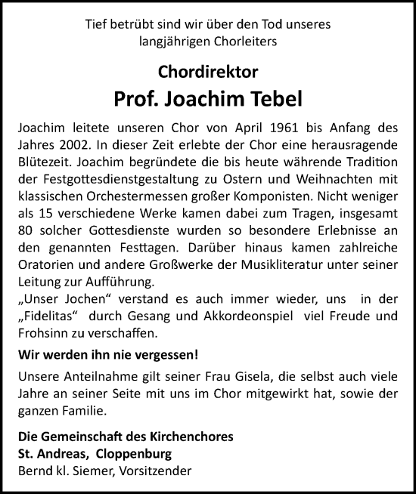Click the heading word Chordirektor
point(208,73)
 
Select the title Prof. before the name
point(138,98)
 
